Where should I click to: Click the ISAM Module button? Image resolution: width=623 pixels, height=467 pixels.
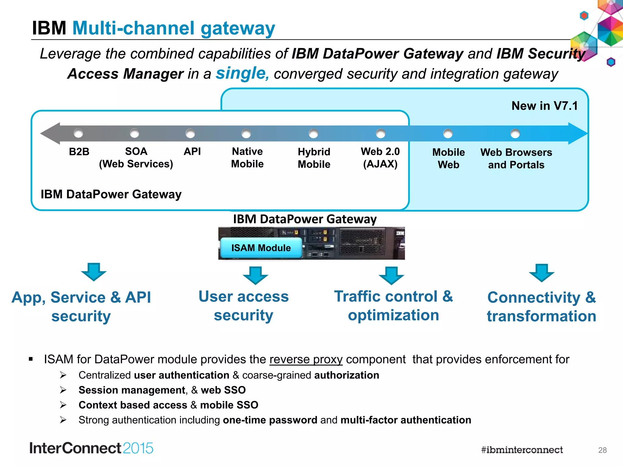(x=261, y=248)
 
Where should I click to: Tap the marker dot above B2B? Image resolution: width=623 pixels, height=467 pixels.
(x=78, y=133)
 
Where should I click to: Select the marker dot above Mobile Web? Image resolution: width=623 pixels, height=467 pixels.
(x=448, y=133)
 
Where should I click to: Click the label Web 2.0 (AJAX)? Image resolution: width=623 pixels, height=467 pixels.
(x=380, y=157)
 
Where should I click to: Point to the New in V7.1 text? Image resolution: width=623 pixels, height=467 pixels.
(x=545, y=106)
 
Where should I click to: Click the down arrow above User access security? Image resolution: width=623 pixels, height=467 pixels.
(x=255, y=275)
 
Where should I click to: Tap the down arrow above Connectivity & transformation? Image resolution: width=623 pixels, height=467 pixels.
(x=541, y=273)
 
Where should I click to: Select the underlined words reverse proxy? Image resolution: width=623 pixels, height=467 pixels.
(x=306, y=359)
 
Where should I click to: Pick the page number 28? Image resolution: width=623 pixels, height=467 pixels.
(x=602, y=450)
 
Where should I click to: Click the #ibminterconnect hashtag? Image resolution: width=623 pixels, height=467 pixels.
(x=522, y=450)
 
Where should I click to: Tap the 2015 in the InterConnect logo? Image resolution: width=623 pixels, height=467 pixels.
(x=138, y=448)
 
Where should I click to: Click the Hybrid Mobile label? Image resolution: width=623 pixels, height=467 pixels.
(x=314, y=158)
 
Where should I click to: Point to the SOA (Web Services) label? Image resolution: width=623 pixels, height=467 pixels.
(x=136, y=157)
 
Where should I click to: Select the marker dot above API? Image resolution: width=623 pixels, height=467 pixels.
(x=190, y=133)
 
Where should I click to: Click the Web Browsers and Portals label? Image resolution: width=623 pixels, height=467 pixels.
(x=516, y=158)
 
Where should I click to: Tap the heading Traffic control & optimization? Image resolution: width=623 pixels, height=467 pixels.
(x=393, y=306)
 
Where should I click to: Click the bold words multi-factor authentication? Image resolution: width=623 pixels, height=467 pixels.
(x=406, y=420)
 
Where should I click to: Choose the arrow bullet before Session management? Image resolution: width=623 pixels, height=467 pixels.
(x=63, y=390)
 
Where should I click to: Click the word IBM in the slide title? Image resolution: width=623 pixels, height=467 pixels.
(x=49, y=28)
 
